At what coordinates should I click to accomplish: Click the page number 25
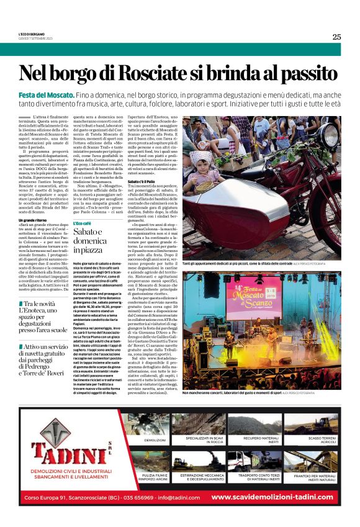click(x=336, y=37)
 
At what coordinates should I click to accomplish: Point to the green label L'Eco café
click(x=83, y=223)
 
